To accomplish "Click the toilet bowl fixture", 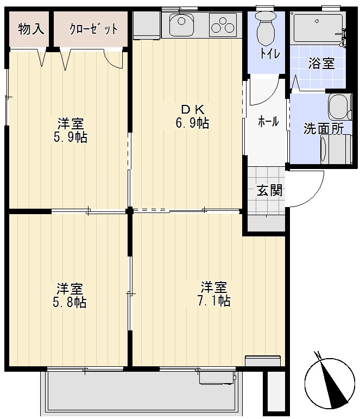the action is click(266, 29).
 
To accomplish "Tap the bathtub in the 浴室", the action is click(318, 28).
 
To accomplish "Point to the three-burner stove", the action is click(223, 25).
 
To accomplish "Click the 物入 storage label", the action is click(31, 29).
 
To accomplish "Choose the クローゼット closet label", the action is click(93, 29).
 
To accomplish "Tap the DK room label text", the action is click(193, 109).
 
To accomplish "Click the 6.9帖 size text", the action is click(192, 123).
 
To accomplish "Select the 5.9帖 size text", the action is click(71, 137).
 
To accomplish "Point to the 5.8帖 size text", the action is click(70, 302).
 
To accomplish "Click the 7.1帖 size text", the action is click(213, 301).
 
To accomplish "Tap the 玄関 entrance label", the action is click(269, 191).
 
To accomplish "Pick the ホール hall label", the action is click(268, 122).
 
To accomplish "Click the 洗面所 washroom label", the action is click(324, 129).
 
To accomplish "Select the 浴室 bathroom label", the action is click(321, 64).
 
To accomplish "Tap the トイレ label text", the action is click(270, 54).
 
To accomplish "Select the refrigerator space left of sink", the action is click(147, 25).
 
